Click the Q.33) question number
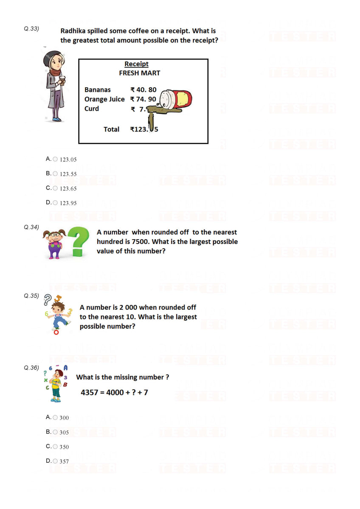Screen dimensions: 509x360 tap(32, 29)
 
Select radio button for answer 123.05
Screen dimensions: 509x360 tap(55, 159)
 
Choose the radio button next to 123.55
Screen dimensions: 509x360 tap(55, 173)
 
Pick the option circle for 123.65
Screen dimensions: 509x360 tap(55, 188)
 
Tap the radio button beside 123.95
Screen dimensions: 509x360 tap(55, 202)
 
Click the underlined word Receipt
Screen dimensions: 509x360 tap(136, 64)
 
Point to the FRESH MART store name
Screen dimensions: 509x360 tap(139, 73)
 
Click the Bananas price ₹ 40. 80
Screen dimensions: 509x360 tap(143, 90)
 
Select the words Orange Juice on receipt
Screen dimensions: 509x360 tap(104, 99)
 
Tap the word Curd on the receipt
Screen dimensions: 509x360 tap(92, 109)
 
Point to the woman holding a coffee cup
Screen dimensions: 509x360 tap(55, 85)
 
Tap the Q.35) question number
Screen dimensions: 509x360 tap(32, 296)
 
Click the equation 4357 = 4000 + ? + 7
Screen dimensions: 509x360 tap(114, 392)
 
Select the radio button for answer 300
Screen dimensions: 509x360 tap(55, 417)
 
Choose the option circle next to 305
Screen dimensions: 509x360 tap(55, 432)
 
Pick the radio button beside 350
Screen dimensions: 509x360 tap(55, 446)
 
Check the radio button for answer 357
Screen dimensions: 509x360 tap(55, 461)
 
